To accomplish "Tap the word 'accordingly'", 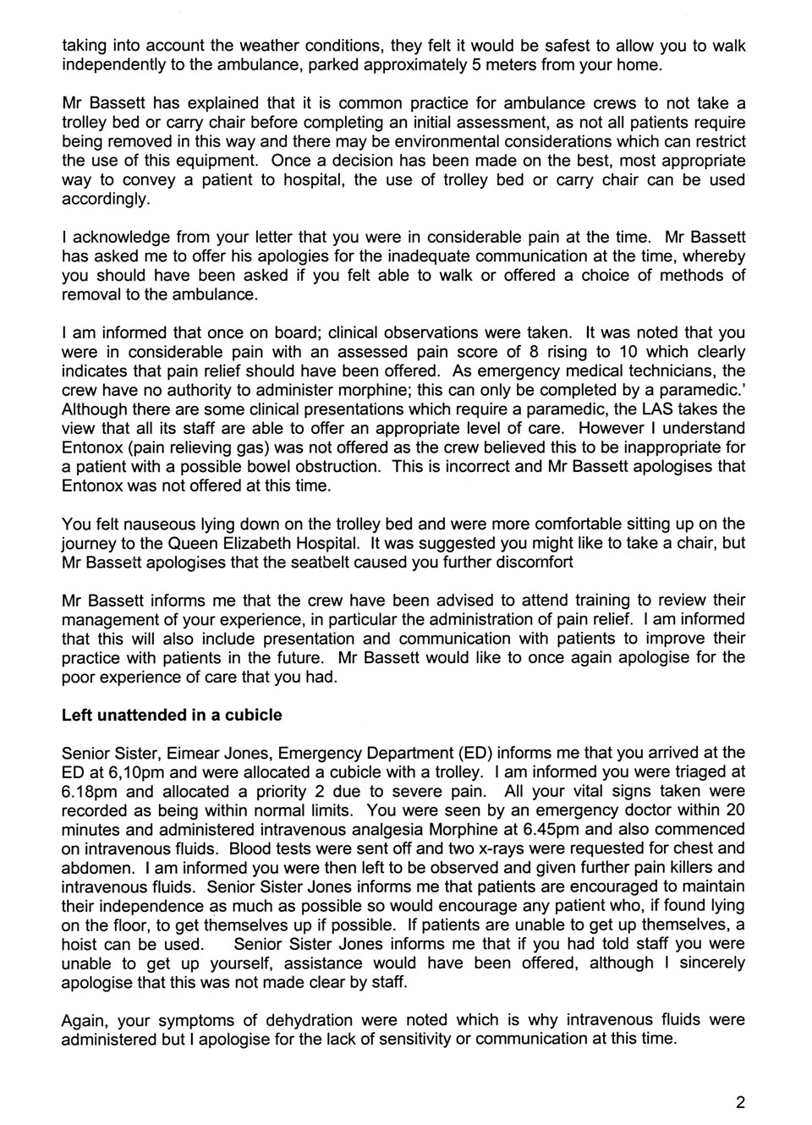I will [106, 200].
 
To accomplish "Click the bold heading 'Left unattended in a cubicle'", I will [172, 715].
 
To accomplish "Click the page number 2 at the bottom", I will [741, 1102].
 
